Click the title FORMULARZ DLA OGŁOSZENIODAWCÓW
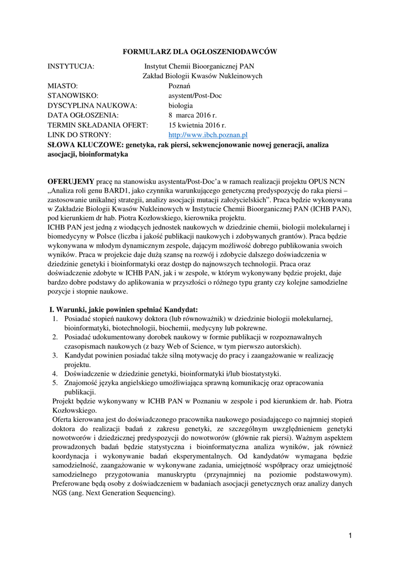tap(199, 52)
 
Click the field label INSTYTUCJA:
tap(71, 67)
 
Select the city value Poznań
tap(180, 86)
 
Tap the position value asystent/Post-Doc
tap(195, 96)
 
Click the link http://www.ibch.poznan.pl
tap(208, 135)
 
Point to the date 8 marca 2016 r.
tap(193, 115)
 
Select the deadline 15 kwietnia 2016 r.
tap(197, 125)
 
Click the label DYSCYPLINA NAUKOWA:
tap(92, 105)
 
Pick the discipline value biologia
tap(181, 105)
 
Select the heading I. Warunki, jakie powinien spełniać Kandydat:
tap(124, 309)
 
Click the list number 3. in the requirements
tap(56, 356)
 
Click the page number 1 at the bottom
tap(350, 535)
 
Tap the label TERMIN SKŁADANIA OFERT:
tap(98, 125)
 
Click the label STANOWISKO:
tap(73, 96)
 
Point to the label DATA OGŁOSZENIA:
tap(83, 115)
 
